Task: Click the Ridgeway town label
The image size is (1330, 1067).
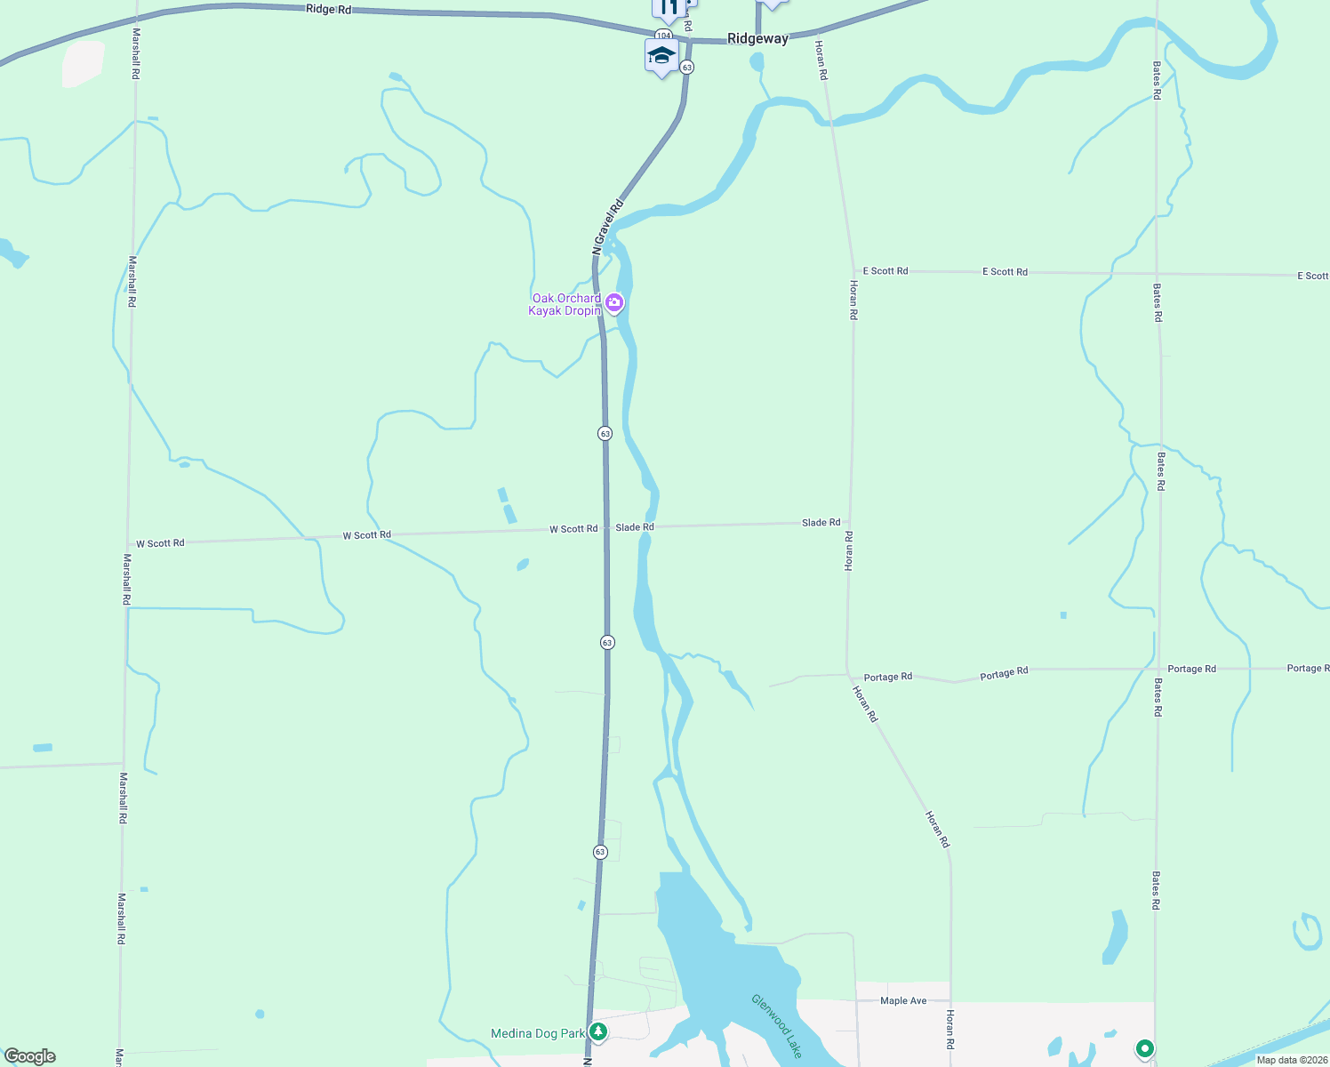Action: click(757, 38)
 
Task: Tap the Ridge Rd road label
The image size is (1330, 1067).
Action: click(328, 9)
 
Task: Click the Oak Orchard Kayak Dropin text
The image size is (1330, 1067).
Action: click(565, 304)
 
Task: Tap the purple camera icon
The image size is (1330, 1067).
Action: click(614, 304)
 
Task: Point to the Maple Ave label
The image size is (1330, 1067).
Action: click(903, 1000)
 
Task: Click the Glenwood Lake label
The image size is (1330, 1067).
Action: click(777, 1025)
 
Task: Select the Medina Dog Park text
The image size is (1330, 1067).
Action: click(538, 1033)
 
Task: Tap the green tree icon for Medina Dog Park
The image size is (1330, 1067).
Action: click(599, 1031)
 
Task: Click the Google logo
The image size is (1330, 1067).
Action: click(30, 1056)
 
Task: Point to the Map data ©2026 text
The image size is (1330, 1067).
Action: click(1292, 1060)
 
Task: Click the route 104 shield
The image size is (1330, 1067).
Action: click(663, 36)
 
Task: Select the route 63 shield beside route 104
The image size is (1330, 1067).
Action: click(686, 68)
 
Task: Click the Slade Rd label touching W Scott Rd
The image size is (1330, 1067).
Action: click(635, 527)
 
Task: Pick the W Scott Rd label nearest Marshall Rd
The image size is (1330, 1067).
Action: click(160, 543)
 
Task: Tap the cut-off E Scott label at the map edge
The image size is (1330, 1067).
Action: click(1312, 276)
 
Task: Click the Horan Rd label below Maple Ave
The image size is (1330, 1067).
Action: click(949, 1029)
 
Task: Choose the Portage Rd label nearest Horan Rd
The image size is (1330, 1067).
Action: click(887, 677)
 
